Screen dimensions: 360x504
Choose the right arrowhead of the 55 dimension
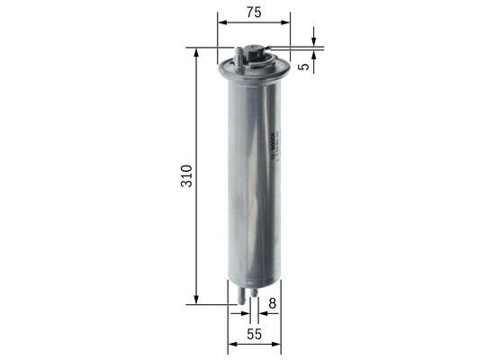(275, 345)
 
